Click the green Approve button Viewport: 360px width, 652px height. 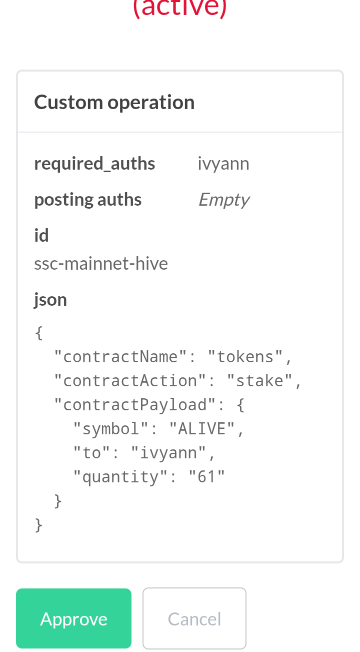[73, 618]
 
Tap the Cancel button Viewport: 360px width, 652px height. [194, 618]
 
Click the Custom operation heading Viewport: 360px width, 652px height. [114, 103]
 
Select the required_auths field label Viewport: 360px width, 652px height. [94, 164]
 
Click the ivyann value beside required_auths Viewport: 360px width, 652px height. [223, 164]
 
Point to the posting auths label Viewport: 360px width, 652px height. [88, 200]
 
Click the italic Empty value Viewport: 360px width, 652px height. [224, 200]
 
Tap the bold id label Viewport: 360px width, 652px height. [41, 235]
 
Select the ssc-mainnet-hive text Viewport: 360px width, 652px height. [101, 264]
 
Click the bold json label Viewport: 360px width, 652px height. [50, 300]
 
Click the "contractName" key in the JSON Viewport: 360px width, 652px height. [120, 357]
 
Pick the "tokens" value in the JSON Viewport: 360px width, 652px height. [245, 357]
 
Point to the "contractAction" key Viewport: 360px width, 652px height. [129, 381]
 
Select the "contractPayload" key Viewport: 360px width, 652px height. [134, 405]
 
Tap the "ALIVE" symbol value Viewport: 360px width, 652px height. [202, 429]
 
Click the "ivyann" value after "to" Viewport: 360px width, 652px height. [168, 453]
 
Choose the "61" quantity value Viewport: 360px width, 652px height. [206, 477]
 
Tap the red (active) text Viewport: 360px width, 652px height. [179, 8]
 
